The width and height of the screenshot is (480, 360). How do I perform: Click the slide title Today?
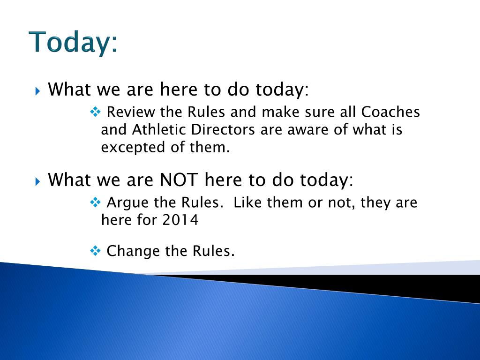tap(73, 42)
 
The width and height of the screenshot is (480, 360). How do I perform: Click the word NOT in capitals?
tap(179, 180)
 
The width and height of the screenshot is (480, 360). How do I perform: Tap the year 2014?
tap(180, 220)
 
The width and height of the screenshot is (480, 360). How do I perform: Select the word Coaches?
tap(390, 112)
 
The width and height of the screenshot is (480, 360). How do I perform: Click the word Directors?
tap(223, 129)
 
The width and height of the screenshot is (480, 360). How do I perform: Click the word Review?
tap(131, 112)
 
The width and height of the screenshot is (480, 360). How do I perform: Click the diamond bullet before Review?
tap(95, 112)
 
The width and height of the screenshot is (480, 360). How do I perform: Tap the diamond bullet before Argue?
tap(95, 202)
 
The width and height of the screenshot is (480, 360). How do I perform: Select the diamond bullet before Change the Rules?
tap(95, 251)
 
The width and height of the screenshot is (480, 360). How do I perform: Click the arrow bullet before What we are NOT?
tap(37, 181)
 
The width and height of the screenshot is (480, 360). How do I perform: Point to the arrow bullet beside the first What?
tap(37, 91)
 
